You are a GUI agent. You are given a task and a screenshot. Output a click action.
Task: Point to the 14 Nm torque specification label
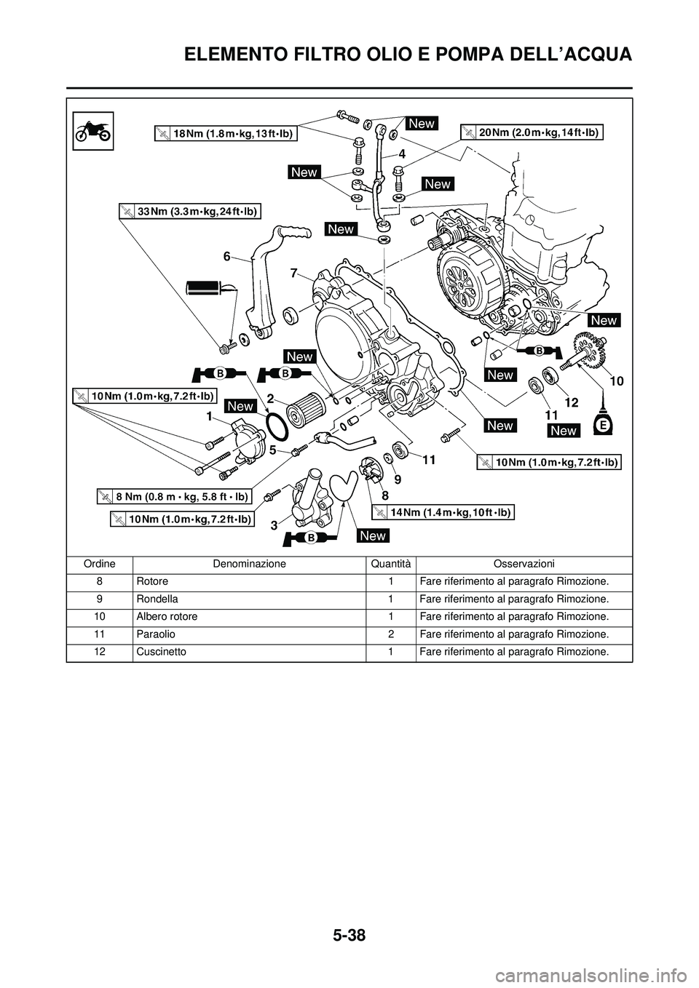[443, 512]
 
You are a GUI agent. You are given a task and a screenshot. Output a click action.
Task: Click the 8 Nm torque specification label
[174, 497]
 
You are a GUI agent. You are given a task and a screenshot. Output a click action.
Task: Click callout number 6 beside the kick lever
[227, 256]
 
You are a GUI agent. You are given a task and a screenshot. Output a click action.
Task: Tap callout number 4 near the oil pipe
[401, 154]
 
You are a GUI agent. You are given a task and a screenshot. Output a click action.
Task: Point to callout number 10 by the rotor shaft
[617, 381]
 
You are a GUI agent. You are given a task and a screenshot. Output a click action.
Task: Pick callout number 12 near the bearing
[570, 402]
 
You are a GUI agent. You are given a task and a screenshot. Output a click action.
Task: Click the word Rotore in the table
[151, 582]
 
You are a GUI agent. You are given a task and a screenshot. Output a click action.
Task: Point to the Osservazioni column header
[524, 564]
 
